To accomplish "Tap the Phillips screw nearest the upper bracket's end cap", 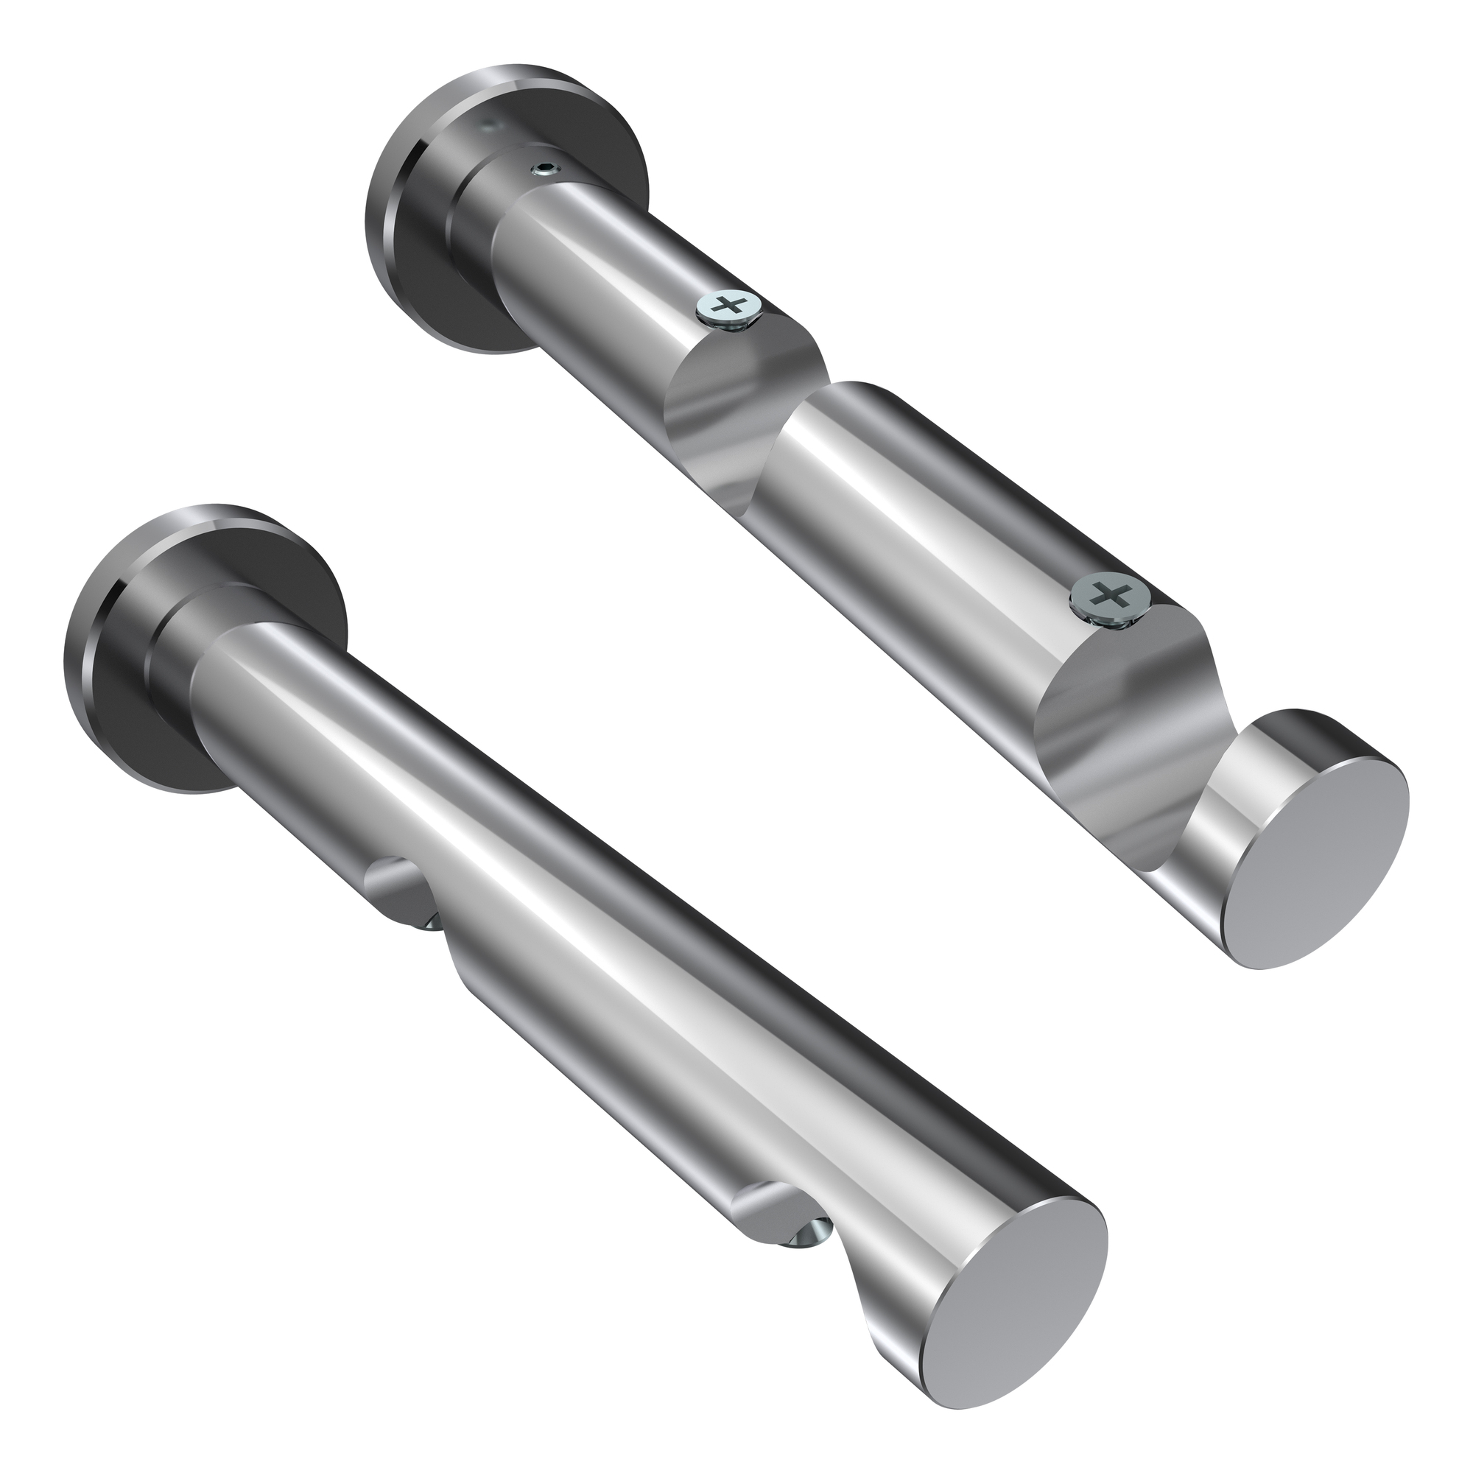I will point(1110,593).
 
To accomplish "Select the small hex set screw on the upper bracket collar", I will point(544,169).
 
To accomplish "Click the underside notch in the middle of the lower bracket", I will point(404,888).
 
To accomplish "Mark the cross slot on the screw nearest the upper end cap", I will point(1110,593).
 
